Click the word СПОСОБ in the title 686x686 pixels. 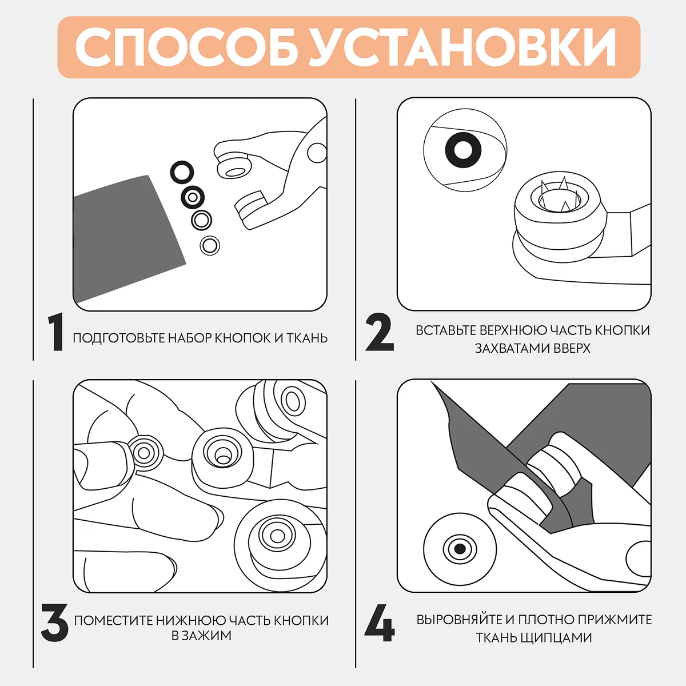[x=186, y=47]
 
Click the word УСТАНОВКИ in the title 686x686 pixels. [x=462, y=47]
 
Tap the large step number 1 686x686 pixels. [x=56, y=332]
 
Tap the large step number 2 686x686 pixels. [x=380, y=332]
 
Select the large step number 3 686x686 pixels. [x=54, y=623]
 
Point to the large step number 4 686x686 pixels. [x=380, y=623]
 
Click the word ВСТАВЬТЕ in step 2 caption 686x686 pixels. [x=446, y=330]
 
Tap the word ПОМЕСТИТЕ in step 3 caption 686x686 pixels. [x=114, y=620]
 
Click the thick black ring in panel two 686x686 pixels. [x=463, y=150]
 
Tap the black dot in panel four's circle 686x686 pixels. [x=460, y=549]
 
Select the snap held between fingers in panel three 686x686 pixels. [x=144, y=453]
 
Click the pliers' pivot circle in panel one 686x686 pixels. [x=317, y=153]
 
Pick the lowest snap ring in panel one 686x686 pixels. [x=210, y=245]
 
